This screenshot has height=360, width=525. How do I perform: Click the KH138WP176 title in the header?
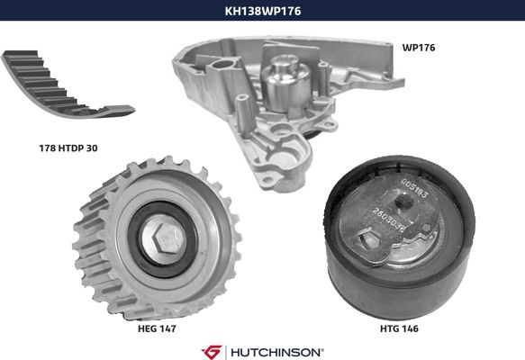pyautogui.click(x=263, y=11)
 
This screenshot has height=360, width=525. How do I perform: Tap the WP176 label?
pyautogui.click(x=419, y=48)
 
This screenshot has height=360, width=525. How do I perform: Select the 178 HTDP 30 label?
pyautogui.click(x=68, y=148)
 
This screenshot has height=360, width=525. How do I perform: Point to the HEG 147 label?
pyautogui.click(x=157, y=328)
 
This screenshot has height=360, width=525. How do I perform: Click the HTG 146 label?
pyautogui.click(x=399, y=328)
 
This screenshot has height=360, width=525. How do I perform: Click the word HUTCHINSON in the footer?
pyautogui.click(x=276, y=352)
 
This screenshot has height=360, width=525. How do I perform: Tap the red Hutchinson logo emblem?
pyautogui.click(x=212, y=352)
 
